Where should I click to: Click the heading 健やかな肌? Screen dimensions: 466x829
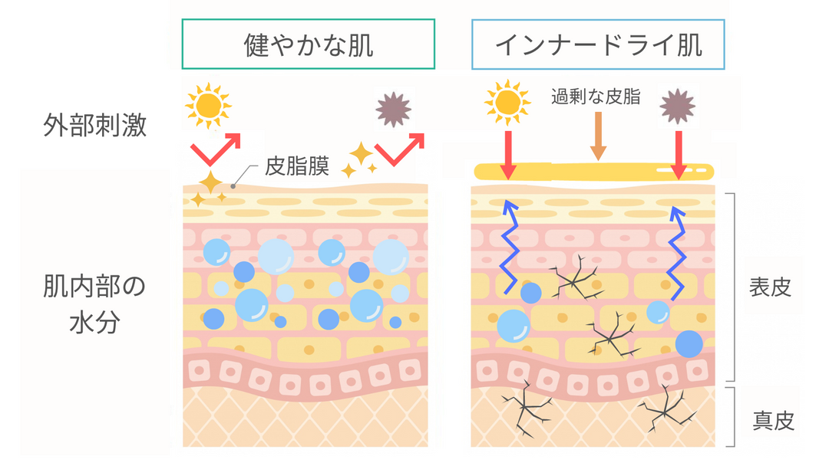point(309,44)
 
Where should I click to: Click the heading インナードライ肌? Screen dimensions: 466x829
point(599,44)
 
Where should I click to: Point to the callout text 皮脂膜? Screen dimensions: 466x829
point(292,164)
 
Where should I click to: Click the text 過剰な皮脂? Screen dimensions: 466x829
point(596,97)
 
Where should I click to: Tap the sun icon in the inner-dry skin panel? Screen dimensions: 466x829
point(507,103)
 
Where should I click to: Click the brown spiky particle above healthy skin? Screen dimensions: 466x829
point(394,109)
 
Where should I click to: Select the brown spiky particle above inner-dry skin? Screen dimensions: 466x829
point(679,105)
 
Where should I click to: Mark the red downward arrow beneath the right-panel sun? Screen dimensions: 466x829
point(507,152)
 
